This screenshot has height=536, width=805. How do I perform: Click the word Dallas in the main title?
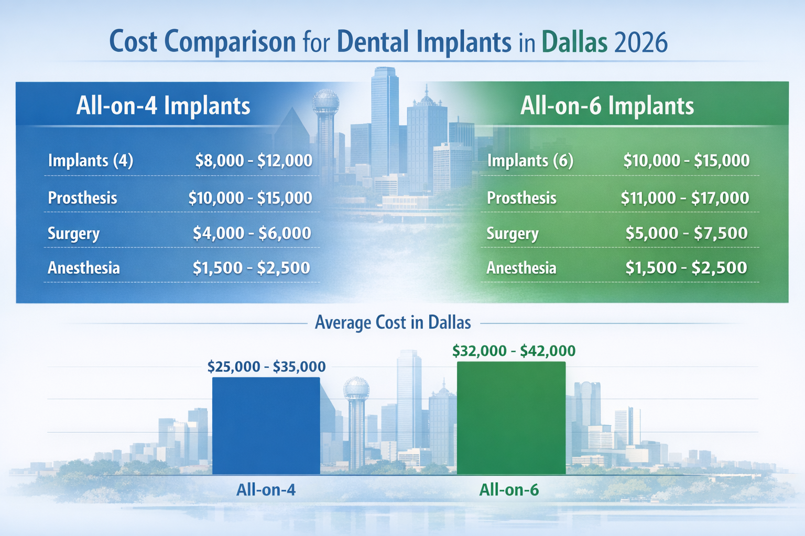coord(574,42)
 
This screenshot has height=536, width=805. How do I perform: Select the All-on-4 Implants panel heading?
coord(163,106)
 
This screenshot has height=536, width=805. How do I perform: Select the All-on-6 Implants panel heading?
coord(607,106)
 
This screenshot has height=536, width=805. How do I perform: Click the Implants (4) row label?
coord(91,160)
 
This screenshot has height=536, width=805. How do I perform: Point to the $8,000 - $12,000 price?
coord(254,160)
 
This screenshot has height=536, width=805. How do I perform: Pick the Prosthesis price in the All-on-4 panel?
coord(250,198)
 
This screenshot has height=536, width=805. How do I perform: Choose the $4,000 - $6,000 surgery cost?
coord(252,233)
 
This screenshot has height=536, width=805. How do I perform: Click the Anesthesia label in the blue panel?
coord(84,268)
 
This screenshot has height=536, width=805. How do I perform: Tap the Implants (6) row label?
coord(530,160)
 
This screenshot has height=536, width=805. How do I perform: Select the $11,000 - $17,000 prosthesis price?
coord(685,198)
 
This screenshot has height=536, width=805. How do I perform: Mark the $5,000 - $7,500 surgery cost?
coord(687,233)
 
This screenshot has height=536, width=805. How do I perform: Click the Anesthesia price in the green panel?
coord(686,268)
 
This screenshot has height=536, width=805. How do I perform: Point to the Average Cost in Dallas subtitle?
coord(393,322)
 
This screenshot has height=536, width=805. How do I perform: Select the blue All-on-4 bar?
coord(266,426)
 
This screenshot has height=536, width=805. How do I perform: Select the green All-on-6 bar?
coord(511,418)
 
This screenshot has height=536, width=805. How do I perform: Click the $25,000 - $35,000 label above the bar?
coord(266,366)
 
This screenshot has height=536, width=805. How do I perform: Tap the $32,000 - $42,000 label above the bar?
coord(514,351)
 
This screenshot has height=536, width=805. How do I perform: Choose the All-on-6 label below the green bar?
coord(509,490)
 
